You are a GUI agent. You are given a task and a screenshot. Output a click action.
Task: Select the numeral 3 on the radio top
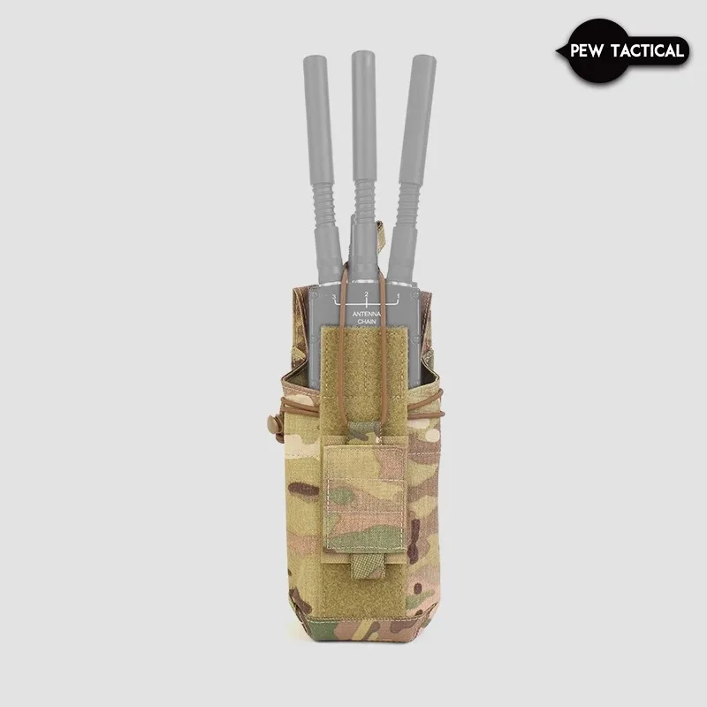(x=334, y=296)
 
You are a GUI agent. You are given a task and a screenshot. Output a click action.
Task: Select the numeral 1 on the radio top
(x=396, y=296)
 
